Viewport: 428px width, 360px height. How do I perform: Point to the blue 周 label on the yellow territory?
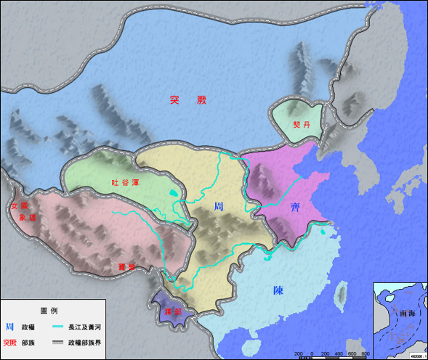pyautogui.click(x=219, y=206)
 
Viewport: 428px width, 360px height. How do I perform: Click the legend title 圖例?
pyautogui.click(x=49, y=311)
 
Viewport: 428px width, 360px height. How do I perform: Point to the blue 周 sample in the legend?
pyautogui.click(x=9, y=327)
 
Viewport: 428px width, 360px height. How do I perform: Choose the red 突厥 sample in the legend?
pyautogui.click(x=10, y=343)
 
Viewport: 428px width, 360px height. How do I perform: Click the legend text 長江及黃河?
pyautogui.click(x=86, y=327)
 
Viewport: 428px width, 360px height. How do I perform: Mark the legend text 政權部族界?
pyautogui.click(x=86, y=343)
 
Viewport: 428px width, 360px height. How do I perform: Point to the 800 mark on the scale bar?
pyautogui.click(x=366, y=353)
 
